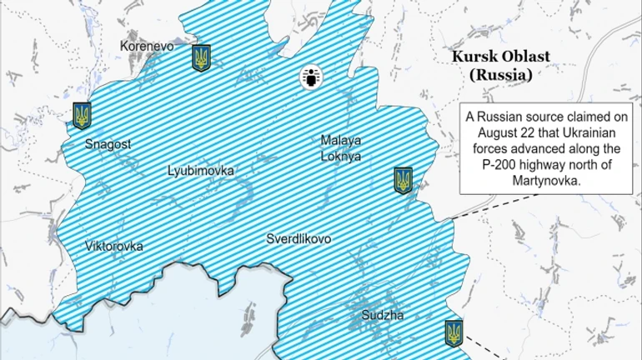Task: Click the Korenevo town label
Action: pos(147,47)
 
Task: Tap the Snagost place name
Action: pos(108,144)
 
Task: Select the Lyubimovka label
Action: pos(200,171)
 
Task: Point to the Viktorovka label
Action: pos(114,246)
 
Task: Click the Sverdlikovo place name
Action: pos(298,239)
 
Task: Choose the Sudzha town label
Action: pos(383,316)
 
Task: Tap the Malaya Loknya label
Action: pos(341,147)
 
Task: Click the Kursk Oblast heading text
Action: pos(500,57)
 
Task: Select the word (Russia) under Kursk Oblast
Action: pos(500,74)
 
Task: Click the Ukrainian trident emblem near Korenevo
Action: pos(201,57)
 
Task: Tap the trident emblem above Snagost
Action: pos(82,115)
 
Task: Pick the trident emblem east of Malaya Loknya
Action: pos(404,180)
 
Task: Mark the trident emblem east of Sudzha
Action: pos(454,333)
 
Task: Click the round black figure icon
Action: pos(311,78)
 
